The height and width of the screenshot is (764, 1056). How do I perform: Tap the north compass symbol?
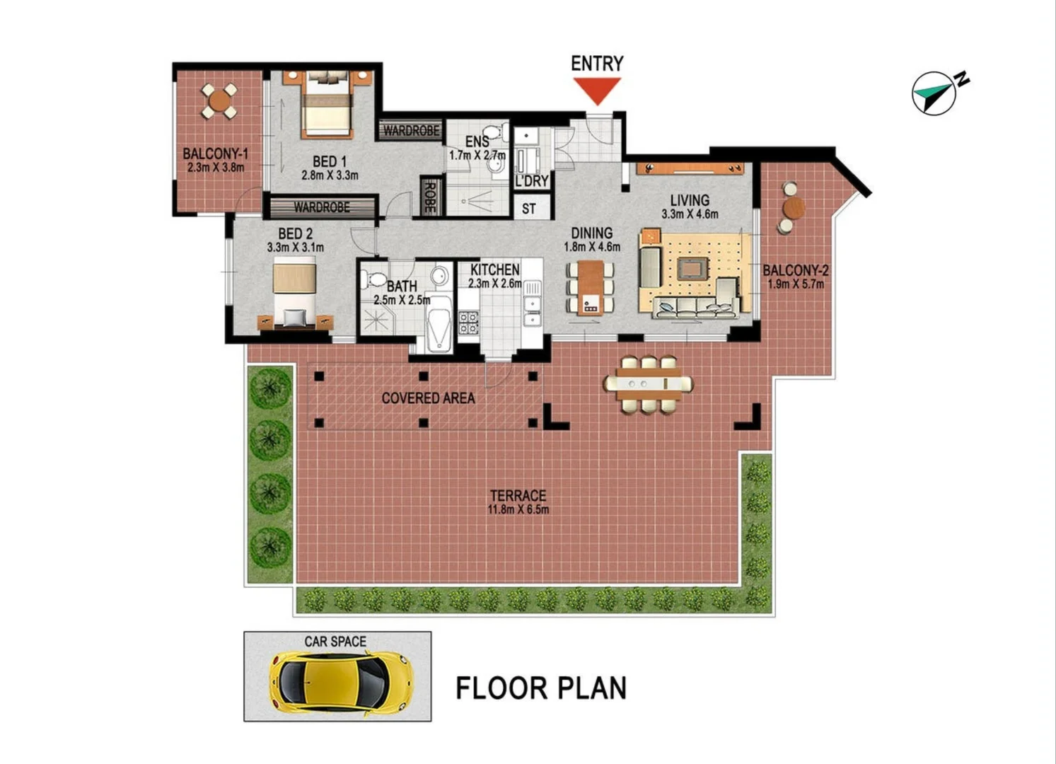click(934, 92)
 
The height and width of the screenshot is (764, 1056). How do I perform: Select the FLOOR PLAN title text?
click(541, 688)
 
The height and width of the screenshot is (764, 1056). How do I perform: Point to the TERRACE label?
click(518, 495)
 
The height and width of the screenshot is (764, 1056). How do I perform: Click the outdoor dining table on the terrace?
click(648, 383)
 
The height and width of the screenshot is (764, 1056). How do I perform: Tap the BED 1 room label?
click(330, 161)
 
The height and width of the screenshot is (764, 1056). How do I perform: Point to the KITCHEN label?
click(495, 270)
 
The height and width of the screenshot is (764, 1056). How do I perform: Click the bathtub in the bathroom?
click(439, 323)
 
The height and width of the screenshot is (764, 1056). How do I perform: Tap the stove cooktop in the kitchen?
click(468, 322)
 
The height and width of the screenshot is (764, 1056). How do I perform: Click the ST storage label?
click(529, 209)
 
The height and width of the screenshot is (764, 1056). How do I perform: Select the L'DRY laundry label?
click(531, 180)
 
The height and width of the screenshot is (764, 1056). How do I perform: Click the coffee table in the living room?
click(691, 268)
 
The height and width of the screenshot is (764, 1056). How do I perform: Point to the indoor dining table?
click(591, 286)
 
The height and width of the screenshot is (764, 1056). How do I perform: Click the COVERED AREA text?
click(428, 398)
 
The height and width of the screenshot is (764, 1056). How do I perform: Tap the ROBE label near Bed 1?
click(429, 197)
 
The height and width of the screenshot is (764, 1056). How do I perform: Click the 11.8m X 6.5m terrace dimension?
click(518, 509)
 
